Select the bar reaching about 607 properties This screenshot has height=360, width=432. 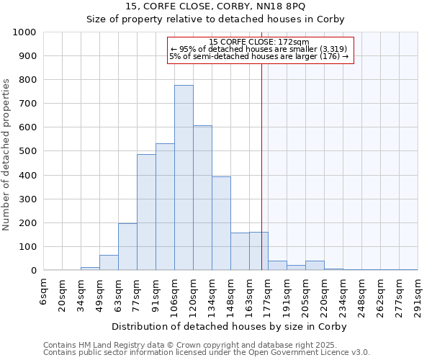tap(202, 198)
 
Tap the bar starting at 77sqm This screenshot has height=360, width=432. tap(146, 212)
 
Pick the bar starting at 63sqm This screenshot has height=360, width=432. tap(127, 247)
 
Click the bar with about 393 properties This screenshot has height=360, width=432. tap(221, 223)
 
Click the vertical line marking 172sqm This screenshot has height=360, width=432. tap(261, 166)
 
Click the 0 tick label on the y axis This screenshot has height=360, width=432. tap(34, 271)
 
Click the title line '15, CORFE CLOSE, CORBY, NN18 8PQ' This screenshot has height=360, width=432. tap(216, 6)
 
